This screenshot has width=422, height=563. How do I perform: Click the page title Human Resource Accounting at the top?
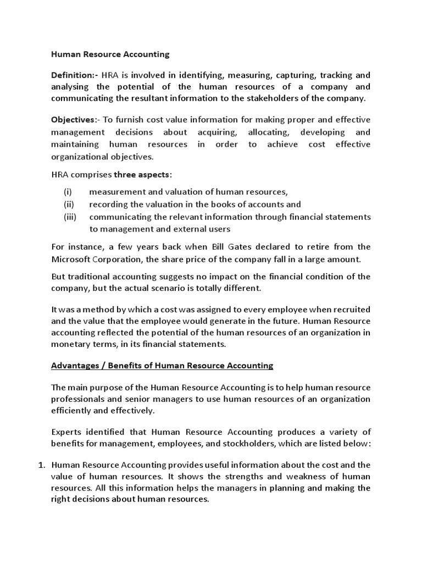tap(110, 54)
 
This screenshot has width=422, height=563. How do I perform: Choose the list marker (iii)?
tap(70, 217)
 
